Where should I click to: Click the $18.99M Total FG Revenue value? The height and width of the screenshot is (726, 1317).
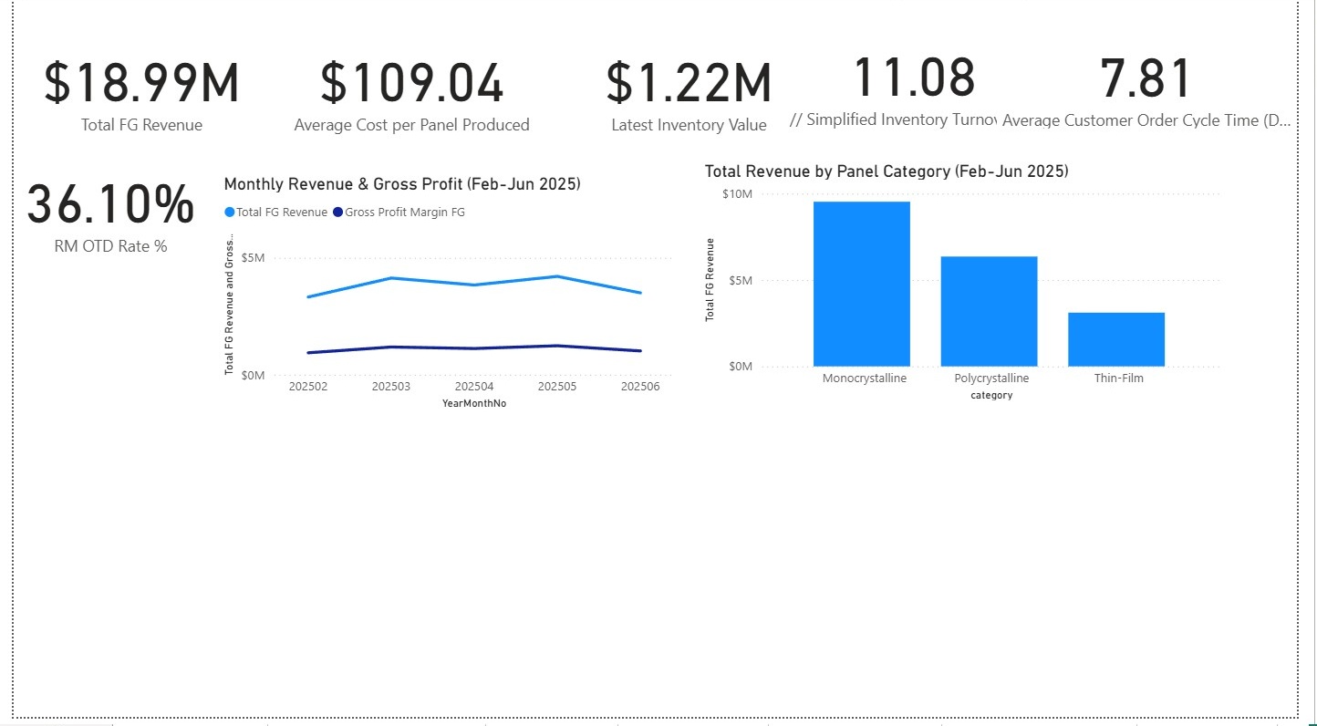click(141, 83)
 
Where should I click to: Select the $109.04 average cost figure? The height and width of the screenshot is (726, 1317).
click(411, 83)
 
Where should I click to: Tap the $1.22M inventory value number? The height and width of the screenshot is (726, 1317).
click(689, 83)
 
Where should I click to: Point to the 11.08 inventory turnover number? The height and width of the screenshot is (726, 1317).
click(914, 78)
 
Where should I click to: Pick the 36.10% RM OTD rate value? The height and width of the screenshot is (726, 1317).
click(110, 205)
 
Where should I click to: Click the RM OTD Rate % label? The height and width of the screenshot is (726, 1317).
click(110, 246)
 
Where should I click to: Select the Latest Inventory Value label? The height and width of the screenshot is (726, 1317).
click(689, 125)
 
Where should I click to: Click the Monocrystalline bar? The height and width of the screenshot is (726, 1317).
click(861, 284)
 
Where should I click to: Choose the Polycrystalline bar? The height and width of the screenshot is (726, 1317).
click(989, 311)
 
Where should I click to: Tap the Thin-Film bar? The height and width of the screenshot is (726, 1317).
click(1116, 339)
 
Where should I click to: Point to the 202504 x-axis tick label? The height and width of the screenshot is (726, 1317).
click(474, 387)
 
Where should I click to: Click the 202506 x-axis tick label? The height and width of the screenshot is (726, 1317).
click(640, 387)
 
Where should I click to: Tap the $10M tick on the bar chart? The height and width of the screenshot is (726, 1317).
click(737, 194)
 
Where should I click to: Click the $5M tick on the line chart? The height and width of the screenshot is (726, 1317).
click(253, 258)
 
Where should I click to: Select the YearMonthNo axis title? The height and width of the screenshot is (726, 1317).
click(474, 403)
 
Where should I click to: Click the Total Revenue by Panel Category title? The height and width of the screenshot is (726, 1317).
click(887, 171)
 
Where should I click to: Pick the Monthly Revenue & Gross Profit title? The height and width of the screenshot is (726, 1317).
click(402, 184)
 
